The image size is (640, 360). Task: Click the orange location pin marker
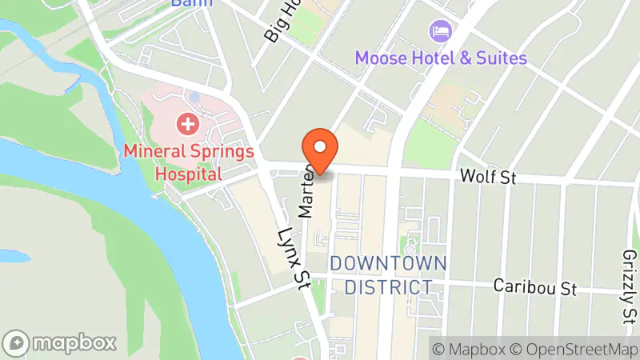(320, 149)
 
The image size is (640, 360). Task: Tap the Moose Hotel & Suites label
(441, 58)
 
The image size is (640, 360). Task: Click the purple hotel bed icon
(440, 31)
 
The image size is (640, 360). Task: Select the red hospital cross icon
(188, 124)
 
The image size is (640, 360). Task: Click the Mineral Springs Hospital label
(189, 162)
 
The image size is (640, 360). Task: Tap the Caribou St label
(534, 286)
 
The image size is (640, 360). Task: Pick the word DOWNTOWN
(388, 263)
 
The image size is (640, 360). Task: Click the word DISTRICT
(388, 287)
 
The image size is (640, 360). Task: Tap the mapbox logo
(60, 342)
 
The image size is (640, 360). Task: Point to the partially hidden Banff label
(192, 3)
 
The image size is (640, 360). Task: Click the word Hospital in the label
(189, 172)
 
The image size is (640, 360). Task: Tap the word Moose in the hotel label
(379, 58)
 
